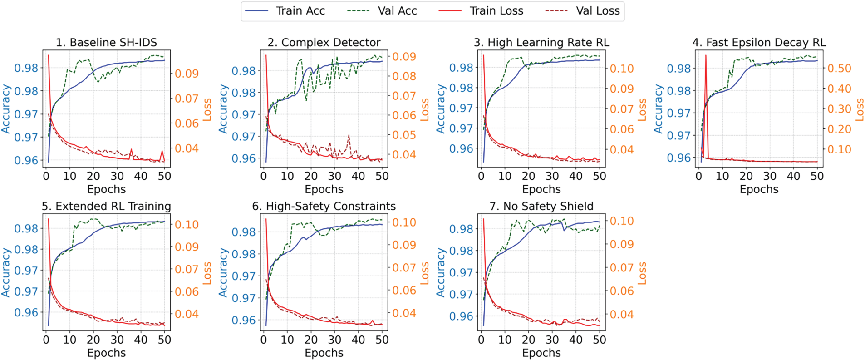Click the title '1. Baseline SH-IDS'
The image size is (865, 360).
(x=106, y=43)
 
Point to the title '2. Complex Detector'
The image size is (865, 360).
(x=324, y=43)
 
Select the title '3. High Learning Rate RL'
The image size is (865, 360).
(x=541, y=43)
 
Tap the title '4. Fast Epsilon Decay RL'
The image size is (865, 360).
(x=759, y=43)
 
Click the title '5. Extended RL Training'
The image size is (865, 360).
(x=106, y=207)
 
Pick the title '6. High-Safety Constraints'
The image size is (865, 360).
(x=324, y=207)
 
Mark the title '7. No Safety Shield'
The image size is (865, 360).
(x=541, y=207)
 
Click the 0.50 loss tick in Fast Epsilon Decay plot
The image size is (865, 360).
(x=839, y=69)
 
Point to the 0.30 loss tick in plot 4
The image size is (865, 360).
(x=839, y=109)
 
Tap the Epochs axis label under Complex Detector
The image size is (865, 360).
(x=324, y=189)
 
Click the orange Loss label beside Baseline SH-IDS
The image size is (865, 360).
(x=207, y=109)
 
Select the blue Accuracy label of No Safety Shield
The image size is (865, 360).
(x=441, y=272)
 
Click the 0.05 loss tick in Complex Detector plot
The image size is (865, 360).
(x=404, y=135)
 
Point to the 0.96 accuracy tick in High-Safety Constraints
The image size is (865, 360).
(x=244, y=321)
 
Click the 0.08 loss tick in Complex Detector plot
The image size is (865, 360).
(x=404, y=76)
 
